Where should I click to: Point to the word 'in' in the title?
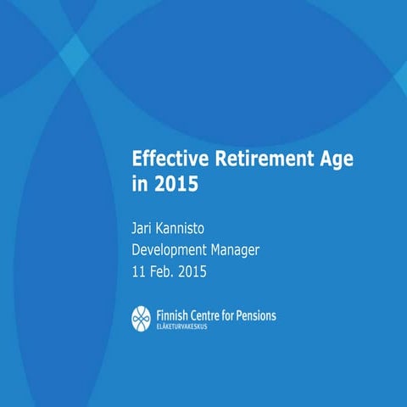click(x=140, y=183)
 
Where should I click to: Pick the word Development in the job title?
click(x=173, y=250)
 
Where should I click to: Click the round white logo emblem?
click(x=141, y=318)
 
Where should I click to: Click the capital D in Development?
click(x=136, y=250)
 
